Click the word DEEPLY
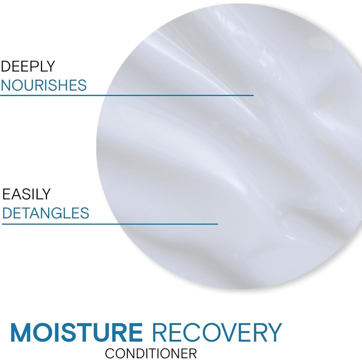coord(28,66)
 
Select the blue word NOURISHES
coord(44,85)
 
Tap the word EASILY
coord(26,194)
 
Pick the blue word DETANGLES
coord(46,213)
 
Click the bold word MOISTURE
coord(76,332)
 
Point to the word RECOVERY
coord(218,332)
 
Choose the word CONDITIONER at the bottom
coord(151,353)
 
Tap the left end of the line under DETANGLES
coord(3,224)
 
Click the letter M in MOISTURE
coord(21,332)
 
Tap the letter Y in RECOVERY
coord(273,332)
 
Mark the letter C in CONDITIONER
coord(110,353)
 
